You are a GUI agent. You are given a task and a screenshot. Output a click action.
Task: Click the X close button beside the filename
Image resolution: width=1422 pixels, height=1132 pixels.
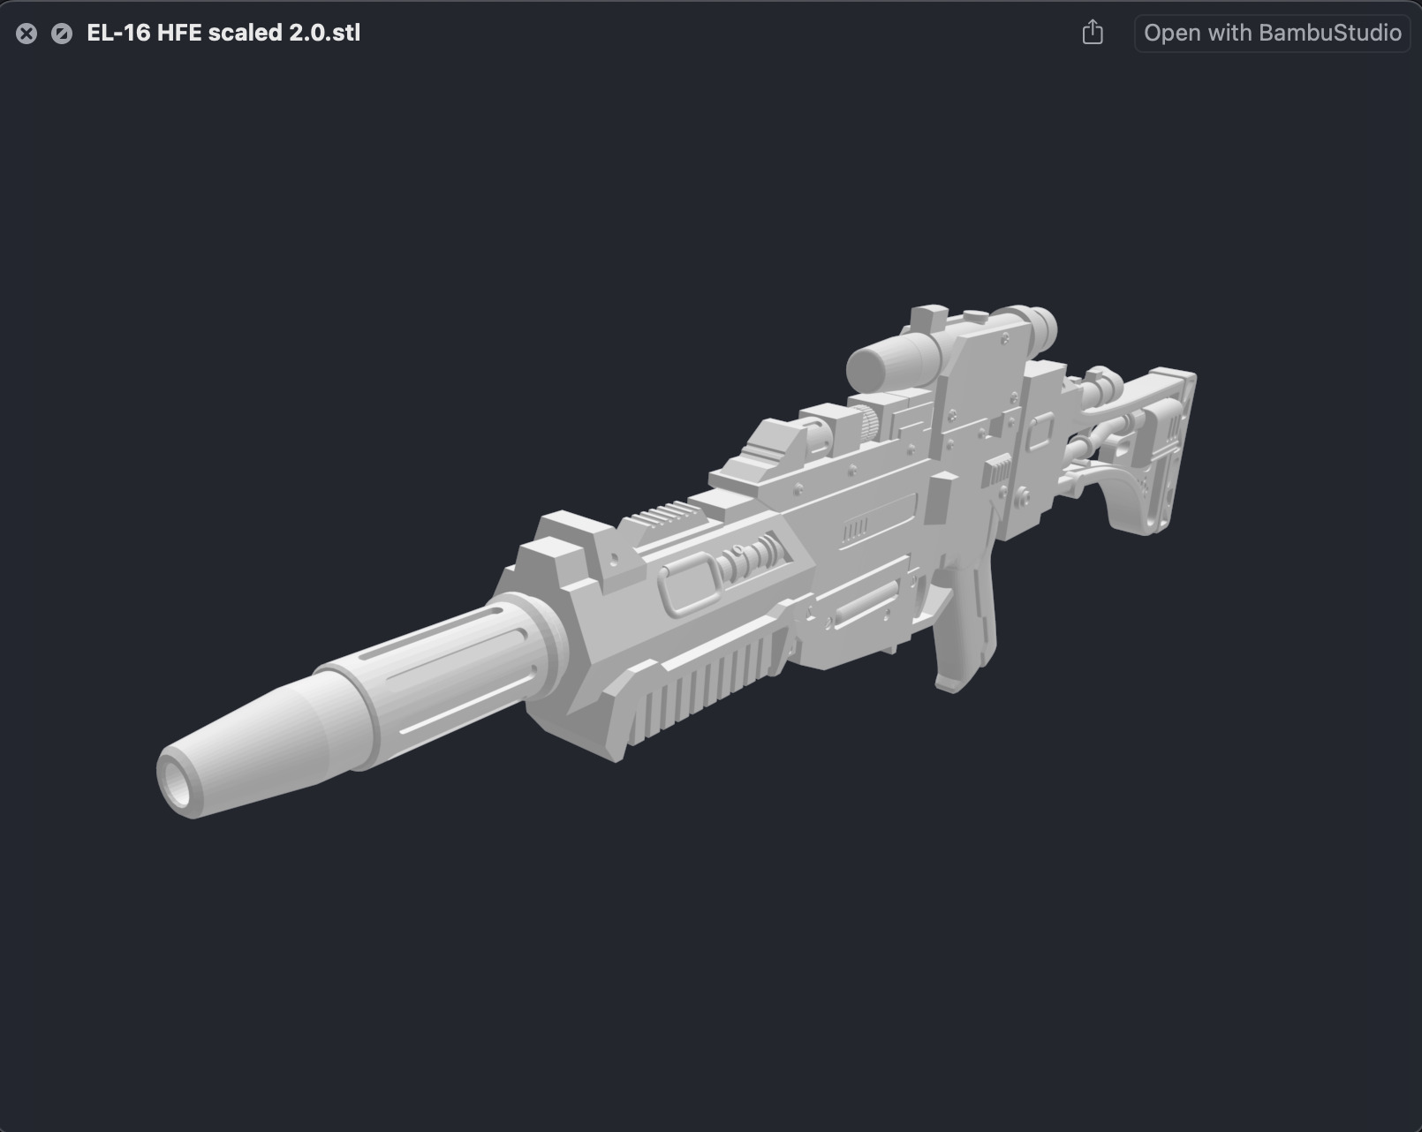tap(26, 34)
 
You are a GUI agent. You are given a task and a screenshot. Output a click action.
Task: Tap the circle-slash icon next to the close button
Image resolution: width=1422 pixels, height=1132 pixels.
tap(62, 34)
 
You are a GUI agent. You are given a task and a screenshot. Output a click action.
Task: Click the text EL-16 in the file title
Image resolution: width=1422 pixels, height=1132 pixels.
tap(117, 33)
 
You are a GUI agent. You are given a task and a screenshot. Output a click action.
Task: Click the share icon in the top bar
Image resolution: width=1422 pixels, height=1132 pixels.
tap(1093, 33)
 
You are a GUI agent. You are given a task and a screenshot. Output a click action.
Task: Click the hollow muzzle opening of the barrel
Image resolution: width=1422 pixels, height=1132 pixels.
tap(175, 781)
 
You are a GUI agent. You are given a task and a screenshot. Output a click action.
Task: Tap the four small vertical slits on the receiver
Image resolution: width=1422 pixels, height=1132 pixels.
tap(855, 531)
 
